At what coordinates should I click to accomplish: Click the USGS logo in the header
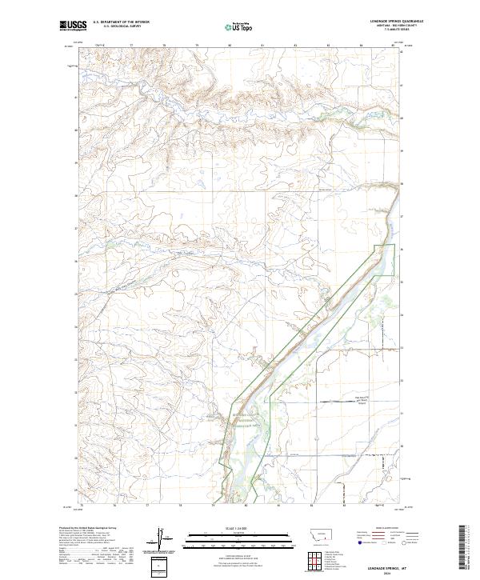pos(73,26)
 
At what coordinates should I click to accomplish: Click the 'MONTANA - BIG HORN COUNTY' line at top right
pos(391,26)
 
